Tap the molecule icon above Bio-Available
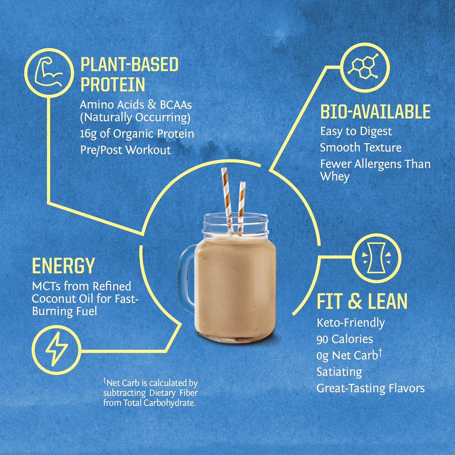(x=363, y=67)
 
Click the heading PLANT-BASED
(x=130, y=65)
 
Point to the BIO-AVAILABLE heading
(x=375, y=112)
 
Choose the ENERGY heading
(x=63, y=266)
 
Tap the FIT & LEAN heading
(x=362, y=301)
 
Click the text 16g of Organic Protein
(x=137, y=134)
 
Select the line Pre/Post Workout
(x=126, y=150)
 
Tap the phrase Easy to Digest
(x=356, y=131)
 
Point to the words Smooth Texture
(x=361, y=148)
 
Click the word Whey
(x=335, y=177)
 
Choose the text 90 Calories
(x=345, y=339)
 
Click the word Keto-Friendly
(x=351, y=323)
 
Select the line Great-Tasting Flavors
(x=371, y=388)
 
